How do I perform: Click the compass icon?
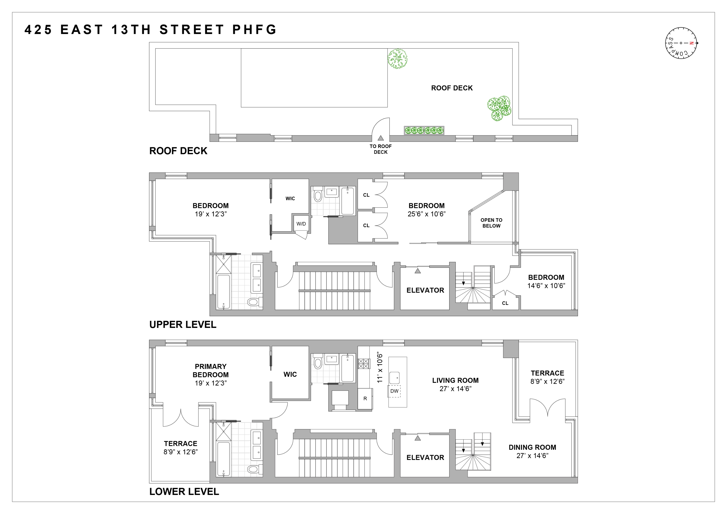point(681,43)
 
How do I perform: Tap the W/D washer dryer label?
point(301,224)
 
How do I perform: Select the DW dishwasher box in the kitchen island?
point(394,391)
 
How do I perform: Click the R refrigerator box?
point(365,399)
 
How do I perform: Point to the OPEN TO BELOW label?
point(491,223)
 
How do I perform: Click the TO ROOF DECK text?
point(381,149)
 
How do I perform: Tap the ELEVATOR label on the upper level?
point(425,290)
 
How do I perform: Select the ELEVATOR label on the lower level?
point(425,457)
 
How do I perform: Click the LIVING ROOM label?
point(455,381)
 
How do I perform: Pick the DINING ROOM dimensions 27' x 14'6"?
point(532,456)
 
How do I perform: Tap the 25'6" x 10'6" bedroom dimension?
point(427,214)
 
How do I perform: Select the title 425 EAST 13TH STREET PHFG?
point(151,30)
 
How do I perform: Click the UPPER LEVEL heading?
point(183,324)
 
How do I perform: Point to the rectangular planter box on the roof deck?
point(424,130)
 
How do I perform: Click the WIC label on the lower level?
point(290,374)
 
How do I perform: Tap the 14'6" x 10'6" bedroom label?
point(546,286)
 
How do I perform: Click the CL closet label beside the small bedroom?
point(505,303)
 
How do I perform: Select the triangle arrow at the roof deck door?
point(381,138)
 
